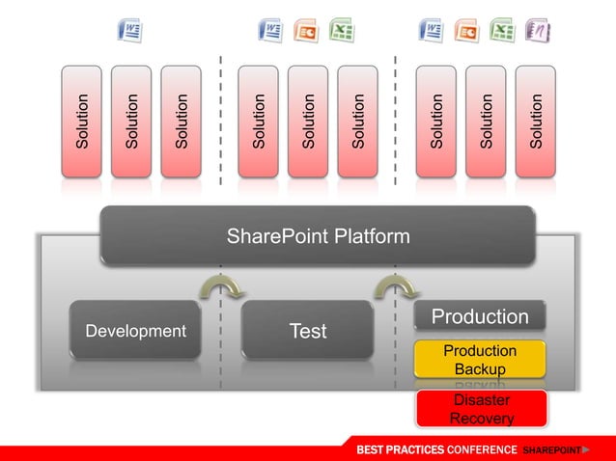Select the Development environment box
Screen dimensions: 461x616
[x=136, y=331]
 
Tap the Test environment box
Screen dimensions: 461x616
[x=308, y=331]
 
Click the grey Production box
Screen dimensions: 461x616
[x=480, y=317]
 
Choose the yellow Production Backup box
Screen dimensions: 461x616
[x=480, y=359]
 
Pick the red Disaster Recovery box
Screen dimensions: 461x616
[x=481, y=408]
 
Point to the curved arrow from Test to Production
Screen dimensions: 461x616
[x=395, y=285]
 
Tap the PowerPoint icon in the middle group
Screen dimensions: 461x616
[x=306, y=31]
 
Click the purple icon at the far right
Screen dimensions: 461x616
[x=536, y=31]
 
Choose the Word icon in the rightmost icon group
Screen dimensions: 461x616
[x=431, y=31]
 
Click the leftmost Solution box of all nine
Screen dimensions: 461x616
[x=81, y=121]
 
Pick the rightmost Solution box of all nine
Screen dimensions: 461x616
[x=536, y=121]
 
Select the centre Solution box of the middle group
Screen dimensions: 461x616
[x=308, y=121]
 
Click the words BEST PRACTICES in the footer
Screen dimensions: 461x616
[x=400, y=450]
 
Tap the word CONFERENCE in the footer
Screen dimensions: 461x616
[x=481, y=450]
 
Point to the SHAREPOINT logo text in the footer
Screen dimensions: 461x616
[x=552, y=450]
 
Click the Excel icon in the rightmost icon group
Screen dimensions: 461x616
[x=501, y=31]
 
